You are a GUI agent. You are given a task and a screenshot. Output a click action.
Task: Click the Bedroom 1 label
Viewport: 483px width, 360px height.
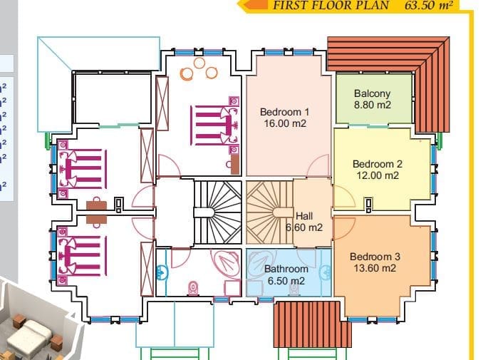coord(284,112)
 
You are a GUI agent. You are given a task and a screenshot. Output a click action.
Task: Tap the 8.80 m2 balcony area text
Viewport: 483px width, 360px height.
coord(373,105)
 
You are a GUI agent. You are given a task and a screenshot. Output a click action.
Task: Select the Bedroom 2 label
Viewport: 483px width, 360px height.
coord(378,164)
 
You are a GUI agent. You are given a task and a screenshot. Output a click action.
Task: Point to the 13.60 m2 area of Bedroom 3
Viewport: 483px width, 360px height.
coord(375,268)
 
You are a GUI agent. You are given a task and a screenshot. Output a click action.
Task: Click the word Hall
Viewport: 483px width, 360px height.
coord(304,216)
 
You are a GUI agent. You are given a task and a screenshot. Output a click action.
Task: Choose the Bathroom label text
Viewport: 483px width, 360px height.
coord(286,269)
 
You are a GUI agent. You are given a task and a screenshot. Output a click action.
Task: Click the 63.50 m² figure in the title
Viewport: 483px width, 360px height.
coord(429,5)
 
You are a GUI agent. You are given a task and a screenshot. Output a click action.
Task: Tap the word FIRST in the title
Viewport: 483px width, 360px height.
coord(287,5)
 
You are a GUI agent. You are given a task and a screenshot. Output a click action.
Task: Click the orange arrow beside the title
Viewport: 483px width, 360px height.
coord(255,4)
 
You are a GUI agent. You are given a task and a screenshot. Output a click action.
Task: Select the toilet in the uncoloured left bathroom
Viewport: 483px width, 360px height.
coord(193,289)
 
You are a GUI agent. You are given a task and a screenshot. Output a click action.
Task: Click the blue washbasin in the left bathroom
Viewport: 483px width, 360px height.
coord(161,272)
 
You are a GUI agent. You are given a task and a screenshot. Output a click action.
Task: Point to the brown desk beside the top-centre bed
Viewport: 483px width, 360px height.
coord(234,165)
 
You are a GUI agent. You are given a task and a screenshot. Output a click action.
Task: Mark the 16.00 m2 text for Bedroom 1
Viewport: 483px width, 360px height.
coord(285,123)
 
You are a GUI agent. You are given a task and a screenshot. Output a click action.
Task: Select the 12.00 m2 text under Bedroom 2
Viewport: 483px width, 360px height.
coord(378,175)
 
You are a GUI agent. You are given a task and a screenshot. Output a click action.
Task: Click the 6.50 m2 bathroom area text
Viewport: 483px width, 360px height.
coord(286,281)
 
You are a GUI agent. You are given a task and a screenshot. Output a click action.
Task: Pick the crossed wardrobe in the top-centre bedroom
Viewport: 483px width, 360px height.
coord(162,103)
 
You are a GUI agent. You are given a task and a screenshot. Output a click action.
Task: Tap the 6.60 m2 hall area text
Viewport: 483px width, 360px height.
coord(304,227)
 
